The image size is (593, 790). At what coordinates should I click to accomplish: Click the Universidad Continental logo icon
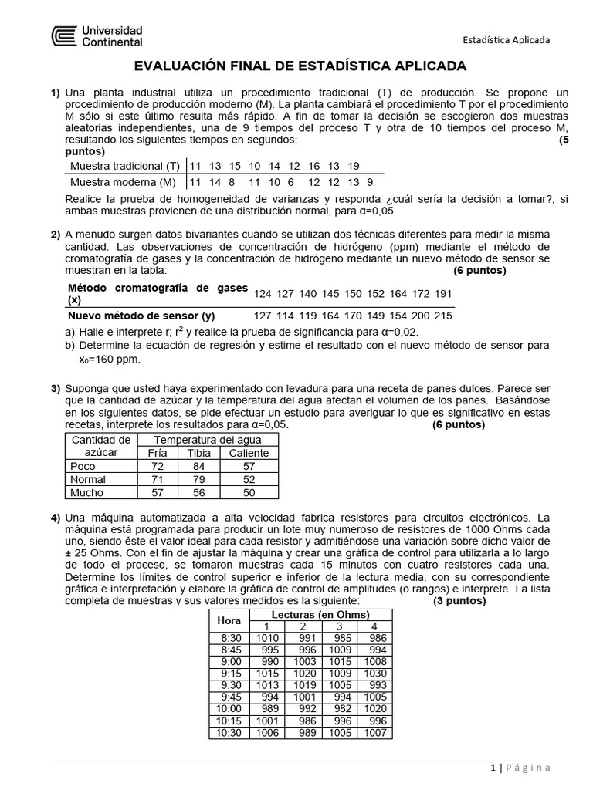pyautogui.click(x=65, y=36)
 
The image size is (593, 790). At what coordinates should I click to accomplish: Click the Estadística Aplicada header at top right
pyautogui.click(x=506, y=40)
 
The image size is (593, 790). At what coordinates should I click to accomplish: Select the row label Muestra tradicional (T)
pyautogui.click(x=124, y=166)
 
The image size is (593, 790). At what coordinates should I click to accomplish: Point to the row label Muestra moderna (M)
pyautogui.click(x=123, y=182)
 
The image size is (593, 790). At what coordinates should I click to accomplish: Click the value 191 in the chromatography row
pyautogui.click(x=443, y=294)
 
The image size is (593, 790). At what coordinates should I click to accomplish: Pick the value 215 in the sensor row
pyautogui.click(x=443, y=316)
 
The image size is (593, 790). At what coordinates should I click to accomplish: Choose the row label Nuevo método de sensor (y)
pyautogui.click(x=141, y=316)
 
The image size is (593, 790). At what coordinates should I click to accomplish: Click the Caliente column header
pyautogui.click(x=249, y=453)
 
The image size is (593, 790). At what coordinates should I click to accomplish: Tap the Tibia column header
pyautogui.click(x=198, y=453)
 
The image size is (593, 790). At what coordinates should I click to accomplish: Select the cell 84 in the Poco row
pyautogui.click(x=198, y=466)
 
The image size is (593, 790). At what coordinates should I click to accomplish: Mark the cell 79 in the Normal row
pyautogui.click(x=198, y=479)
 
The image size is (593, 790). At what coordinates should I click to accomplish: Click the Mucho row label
pyautogui.click(x=86, y=492)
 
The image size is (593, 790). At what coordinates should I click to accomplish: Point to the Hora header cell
pyautogui.click(x=229, y=620)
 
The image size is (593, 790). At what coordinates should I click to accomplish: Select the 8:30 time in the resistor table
pyautogui.click(x=231, y=638)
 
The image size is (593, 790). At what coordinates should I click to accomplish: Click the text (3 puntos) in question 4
pyautogui.click(x=459, y=601)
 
